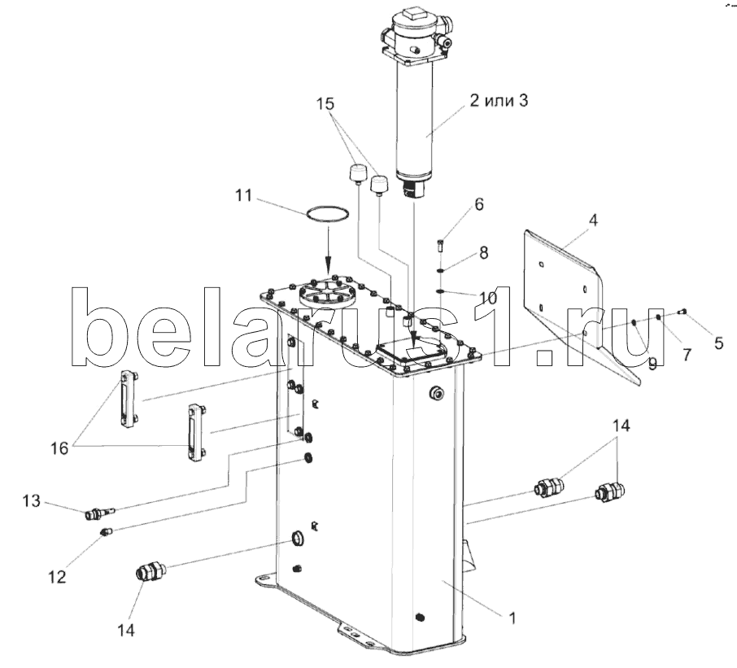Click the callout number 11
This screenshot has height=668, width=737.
[x=243, y=196]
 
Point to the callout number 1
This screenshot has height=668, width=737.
[x=512, y=618]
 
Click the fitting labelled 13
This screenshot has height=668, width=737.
[x=98, y=513]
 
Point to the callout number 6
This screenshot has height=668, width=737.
[x=478, y=204]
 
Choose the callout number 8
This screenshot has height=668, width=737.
[x=483, y=253]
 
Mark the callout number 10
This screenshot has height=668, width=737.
[x=487, y=299]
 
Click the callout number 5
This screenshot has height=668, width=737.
[x=718, y=343]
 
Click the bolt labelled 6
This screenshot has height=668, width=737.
[x=439, y=242]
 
